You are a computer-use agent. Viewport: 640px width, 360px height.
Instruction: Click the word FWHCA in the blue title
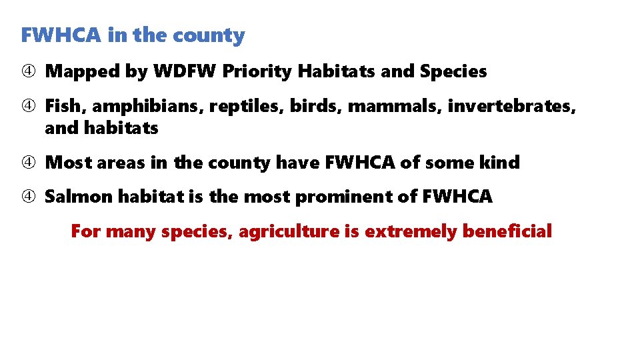[61, 35]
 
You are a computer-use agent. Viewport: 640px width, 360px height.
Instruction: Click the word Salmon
[78, 197]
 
